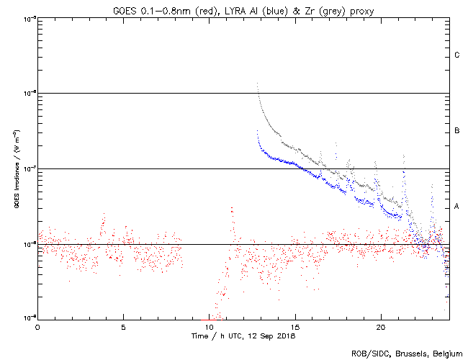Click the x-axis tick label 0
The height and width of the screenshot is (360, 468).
click(37, 326)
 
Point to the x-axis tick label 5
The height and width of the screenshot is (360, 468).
click(123, 326)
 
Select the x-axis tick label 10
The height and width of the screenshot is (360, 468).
click(209, 326)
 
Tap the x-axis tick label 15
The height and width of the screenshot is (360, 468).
click(294, 326)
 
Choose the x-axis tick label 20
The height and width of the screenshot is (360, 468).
click(380, 326)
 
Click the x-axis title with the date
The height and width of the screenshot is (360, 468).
click(243, 336)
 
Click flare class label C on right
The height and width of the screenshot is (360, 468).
click(457, 55)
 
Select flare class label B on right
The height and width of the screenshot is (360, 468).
click(457, 131)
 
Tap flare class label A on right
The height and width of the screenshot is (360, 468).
click(457, 207)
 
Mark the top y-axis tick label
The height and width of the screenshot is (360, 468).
click(27, 18)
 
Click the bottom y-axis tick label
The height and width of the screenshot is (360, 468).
click(27, 318)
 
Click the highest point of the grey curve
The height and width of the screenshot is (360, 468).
click(257, 83)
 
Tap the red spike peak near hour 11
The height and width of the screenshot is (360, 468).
click(232, 207)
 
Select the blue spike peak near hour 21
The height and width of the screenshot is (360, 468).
click(404, 155)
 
